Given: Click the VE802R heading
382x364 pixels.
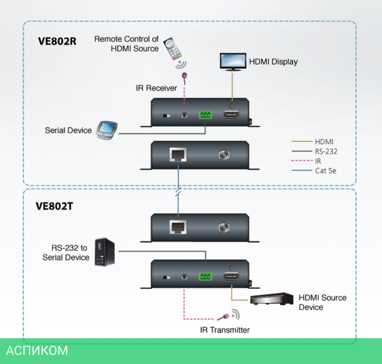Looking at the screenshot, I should [57, 40].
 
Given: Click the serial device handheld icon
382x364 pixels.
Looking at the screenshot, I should [106, 130].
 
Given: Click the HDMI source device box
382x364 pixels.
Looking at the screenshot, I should [271, 300].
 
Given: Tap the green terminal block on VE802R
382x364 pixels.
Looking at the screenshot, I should [205, 115].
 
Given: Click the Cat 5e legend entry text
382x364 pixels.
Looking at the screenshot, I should [325, 170].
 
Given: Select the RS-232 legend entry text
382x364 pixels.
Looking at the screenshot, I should [326, 151].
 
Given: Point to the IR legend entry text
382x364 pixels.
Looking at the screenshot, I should [318, 161].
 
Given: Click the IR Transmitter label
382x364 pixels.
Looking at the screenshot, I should [225, 330].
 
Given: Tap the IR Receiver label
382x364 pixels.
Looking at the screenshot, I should [156, 88].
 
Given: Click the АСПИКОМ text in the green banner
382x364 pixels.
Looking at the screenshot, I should [37, 350].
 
